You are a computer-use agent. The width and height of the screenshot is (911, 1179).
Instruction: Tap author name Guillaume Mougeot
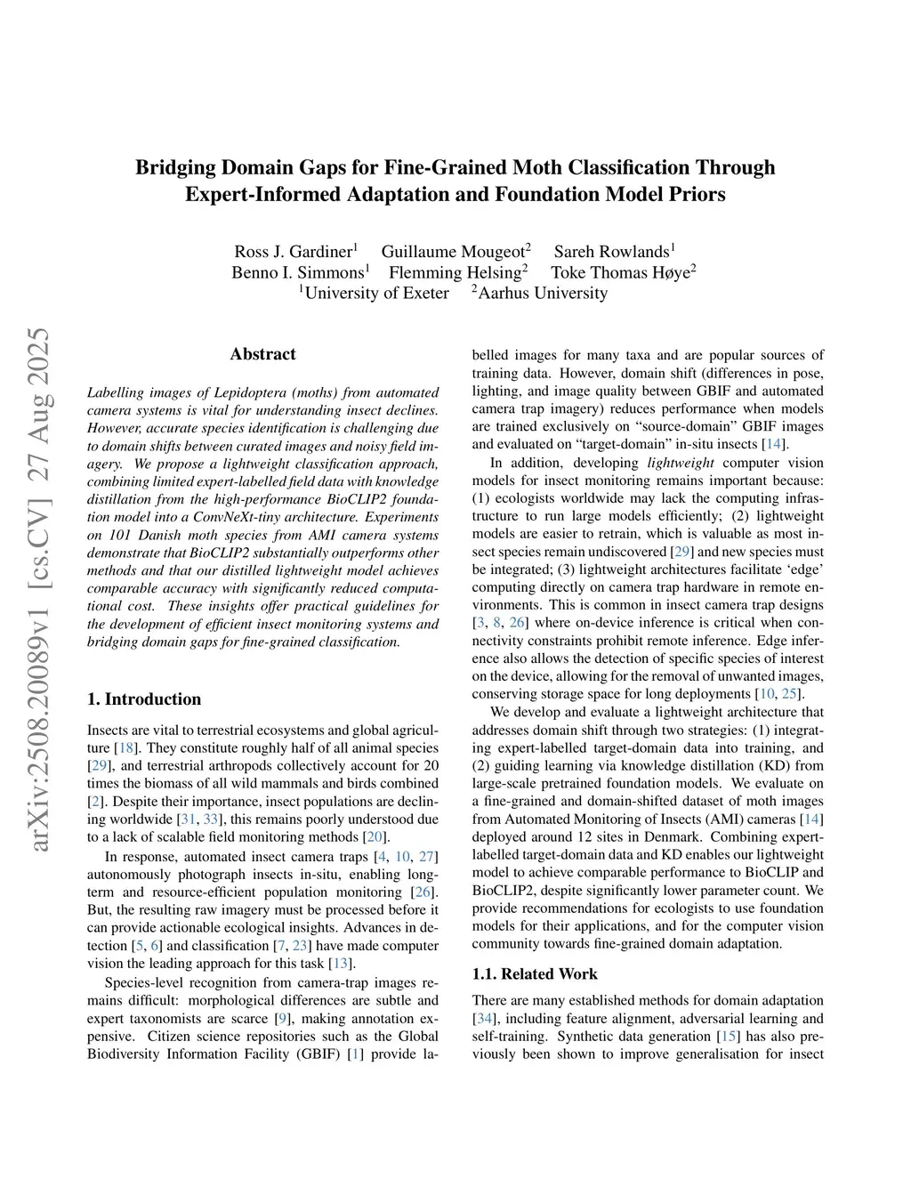[453, 252]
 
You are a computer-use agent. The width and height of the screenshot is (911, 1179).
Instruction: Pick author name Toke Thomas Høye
[620, 272]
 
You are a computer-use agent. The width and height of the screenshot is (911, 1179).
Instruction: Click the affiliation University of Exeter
[376, 293]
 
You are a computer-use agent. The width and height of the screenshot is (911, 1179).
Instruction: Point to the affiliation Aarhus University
[543, 293]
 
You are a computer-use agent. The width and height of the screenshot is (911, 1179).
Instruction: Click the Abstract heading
[262, 354]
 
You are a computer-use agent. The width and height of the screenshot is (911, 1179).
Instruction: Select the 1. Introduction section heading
[144, 699]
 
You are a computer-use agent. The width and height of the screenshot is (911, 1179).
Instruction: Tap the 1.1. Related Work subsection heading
[535, 973]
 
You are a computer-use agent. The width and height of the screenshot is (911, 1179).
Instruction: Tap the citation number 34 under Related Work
[482, 1019]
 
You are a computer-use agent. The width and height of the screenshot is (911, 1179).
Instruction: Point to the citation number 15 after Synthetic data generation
[727, 1037]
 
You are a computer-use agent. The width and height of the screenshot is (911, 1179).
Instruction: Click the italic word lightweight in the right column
[681, 463]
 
